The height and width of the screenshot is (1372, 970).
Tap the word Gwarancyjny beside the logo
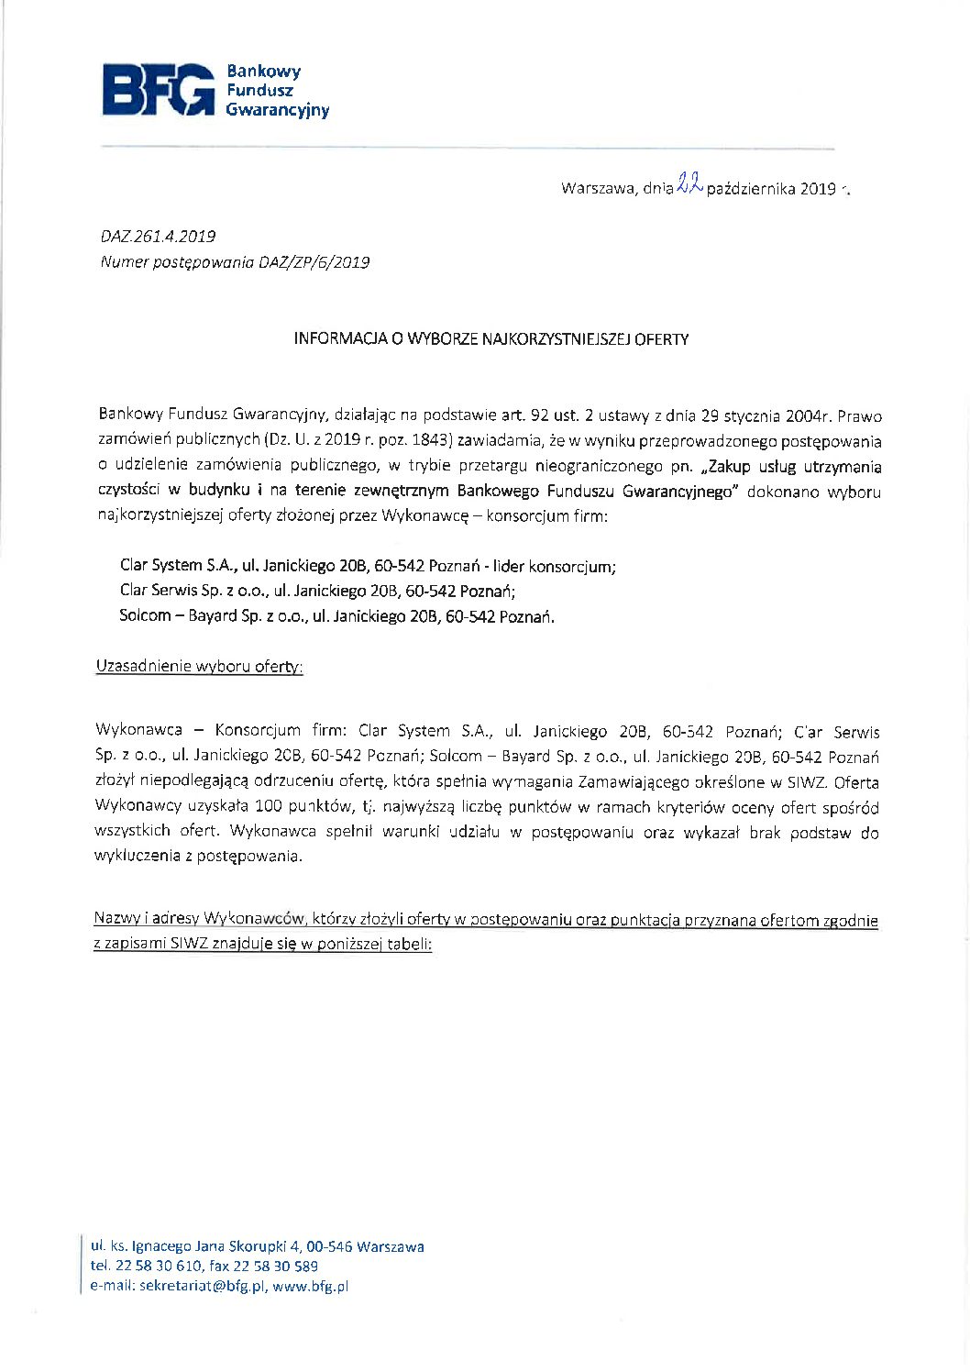pos(277,111)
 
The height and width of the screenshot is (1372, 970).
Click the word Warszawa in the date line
pos(597,189)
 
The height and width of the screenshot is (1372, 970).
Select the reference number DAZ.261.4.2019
pos(158,237)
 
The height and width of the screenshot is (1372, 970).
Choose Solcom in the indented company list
pos(145,616)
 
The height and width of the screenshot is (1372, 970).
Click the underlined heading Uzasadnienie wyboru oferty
pos(199,667)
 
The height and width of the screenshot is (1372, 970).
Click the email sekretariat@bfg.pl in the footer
pos(204,1286)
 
